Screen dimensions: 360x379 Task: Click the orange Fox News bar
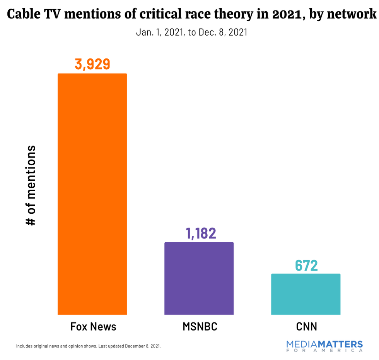point(92,194)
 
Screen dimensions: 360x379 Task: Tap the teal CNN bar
point(306,294)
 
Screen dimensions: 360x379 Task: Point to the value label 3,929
point(92,64)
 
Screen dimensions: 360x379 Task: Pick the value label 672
point(306,265)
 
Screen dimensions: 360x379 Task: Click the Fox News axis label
point(93,326)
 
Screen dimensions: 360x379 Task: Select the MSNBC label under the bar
point(200,326)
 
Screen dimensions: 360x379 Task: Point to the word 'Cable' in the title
point(23,14)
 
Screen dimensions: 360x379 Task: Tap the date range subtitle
point(191,32)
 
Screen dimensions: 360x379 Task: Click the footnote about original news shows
point(88,346)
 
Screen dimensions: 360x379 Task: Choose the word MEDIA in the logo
point(303,344)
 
